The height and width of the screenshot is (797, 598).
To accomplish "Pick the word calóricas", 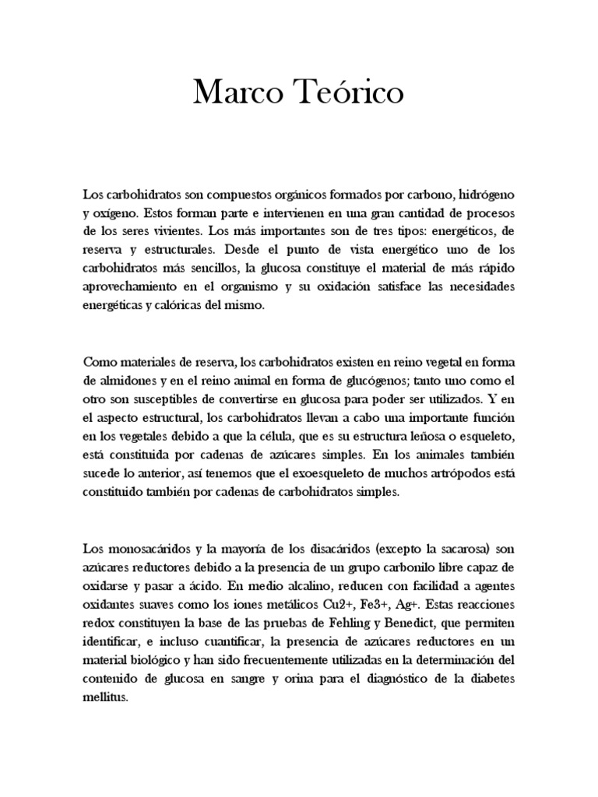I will coord(185,307).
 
